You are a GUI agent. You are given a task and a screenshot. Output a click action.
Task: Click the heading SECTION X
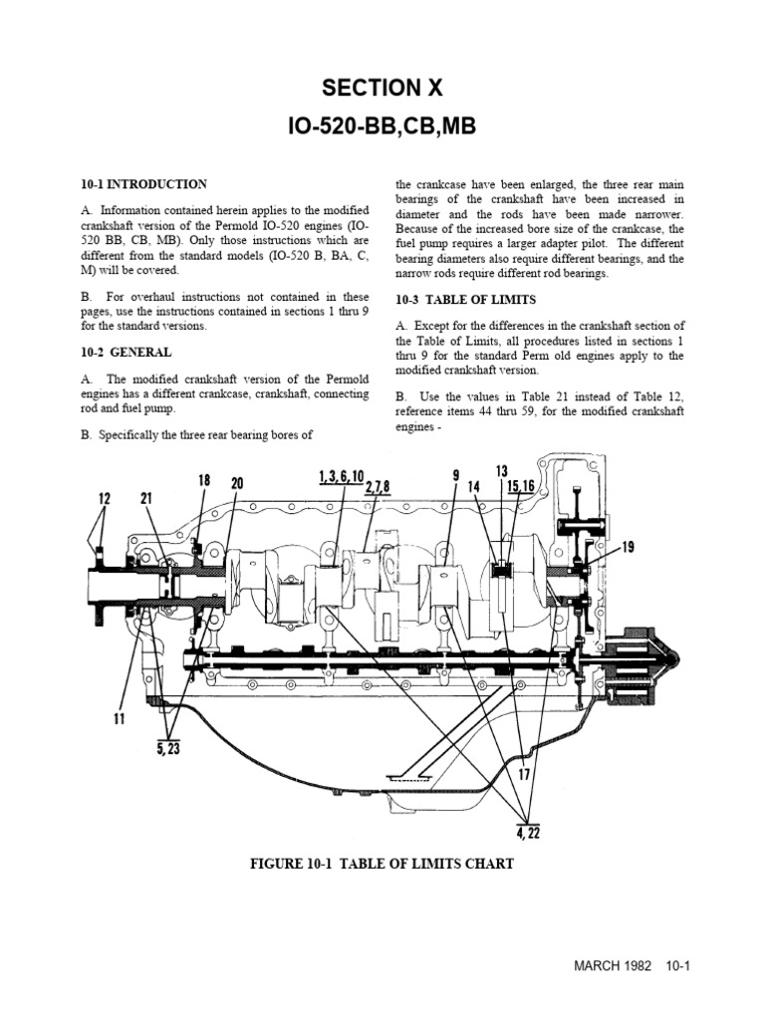(382, 89)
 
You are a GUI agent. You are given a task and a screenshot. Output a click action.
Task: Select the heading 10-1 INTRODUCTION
(143, 184)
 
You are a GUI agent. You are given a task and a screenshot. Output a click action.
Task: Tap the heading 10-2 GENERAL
(126, 353)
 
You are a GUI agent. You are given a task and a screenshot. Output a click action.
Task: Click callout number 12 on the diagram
(105, 498)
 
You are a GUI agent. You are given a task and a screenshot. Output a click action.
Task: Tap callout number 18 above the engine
(204, 480)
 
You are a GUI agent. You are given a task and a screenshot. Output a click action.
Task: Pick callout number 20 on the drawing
(236, 484)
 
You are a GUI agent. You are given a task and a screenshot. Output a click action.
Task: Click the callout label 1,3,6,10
(342, 476)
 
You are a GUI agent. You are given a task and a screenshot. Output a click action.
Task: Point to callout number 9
(455, 476)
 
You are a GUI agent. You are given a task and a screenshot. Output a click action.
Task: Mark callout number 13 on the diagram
(501, 470)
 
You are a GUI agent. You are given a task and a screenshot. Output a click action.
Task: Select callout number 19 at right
(627, 545)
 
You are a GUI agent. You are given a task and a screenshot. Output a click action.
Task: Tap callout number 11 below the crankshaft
(119, 717)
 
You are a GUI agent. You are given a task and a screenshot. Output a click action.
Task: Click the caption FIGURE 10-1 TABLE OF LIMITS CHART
(382, 864)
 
